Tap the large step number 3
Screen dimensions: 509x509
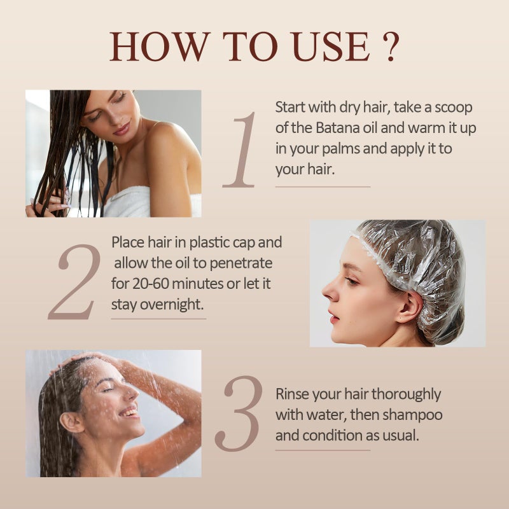point(239,413)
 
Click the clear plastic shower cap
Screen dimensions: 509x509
point(420,261)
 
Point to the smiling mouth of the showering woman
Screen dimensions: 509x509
point(129,412)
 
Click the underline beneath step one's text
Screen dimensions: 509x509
point(323,187)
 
